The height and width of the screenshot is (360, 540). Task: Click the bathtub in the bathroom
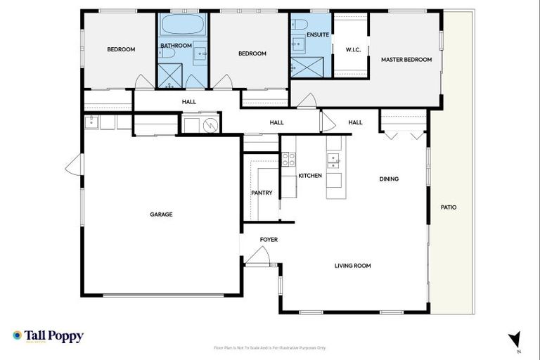(183, 27)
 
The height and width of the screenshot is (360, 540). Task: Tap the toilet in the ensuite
(299, 25)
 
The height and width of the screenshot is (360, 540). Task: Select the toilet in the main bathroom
(167, 52)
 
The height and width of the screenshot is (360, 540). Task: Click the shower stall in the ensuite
(304, 67)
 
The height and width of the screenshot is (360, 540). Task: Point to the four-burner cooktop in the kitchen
(288, 160)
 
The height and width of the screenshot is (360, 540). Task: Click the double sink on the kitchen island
(334, 161)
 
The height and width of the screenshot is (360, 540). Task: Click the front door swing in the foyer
(258, 257)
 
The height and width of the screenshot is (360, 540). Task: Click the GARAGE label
(160, 214)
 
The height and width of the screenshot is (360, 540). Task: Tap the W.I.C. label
(353, 49)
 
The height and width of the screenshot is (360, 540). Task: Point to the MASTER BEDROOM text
(406, 60)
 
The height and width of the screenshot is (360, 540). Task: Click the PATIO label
(448, 207)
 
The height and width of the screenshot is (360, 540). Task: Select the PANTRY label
(262, 193)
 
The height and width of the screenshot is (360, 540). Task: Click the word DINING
(389, 179)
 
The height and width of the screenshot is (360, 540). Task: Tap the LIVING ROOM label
(352, 266)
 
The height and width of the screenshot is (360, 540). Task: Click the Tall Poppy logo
(48, 336)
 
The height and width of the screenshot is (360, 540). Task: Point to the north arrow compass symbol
(515, 339)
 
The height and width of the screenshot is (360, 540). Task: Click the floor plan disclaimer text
(270, 347)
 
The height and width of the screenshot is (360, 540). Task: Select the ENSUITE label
(318, 34)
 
